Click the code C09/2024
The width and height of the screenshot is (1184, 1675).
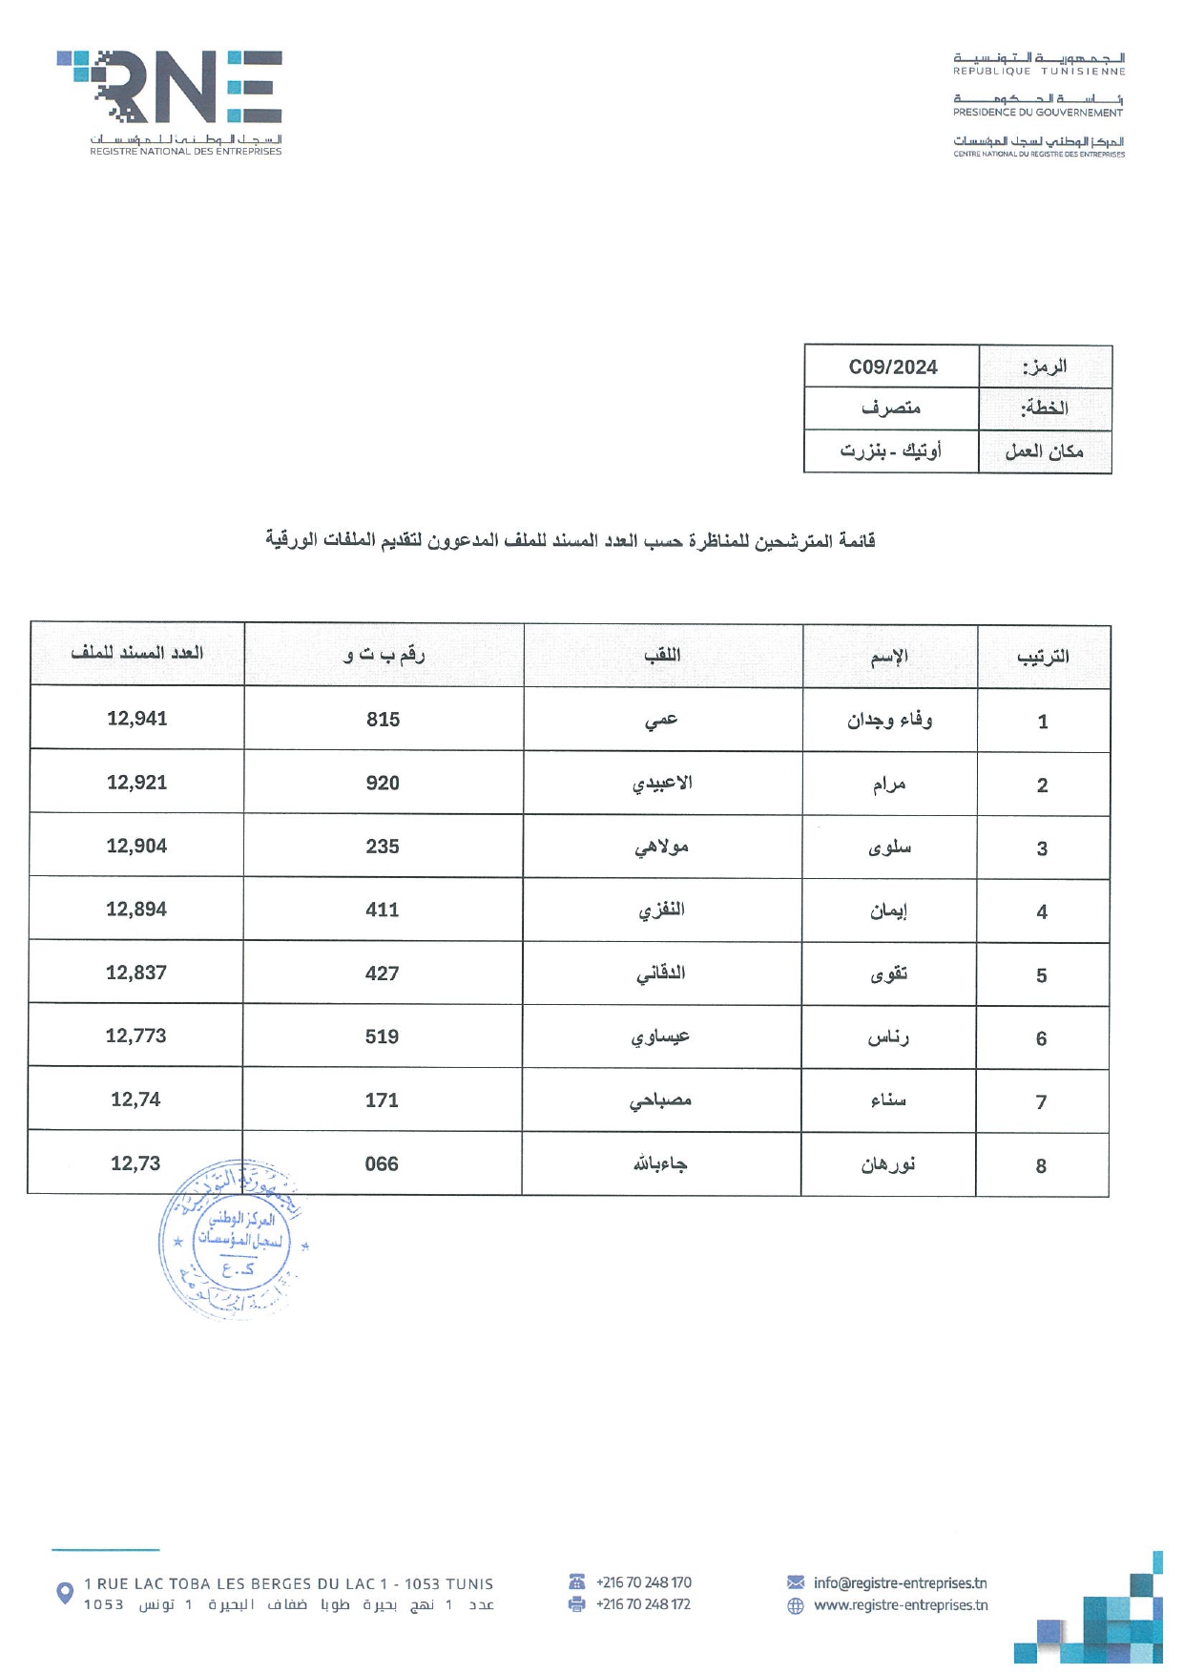pyautogui.click(x=892, y=367)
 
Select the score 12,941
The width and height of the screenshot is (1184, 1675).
pyautogui.click(x=137, y=719)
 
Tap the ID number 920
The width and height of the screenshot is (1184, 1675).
pyautogui.click(x=383, y=783)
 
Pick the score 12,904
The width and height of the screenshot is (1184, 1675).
pyautogui.click(x=137, y=846)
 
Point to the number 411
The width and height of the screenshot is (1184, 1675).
pyautogui.click(x=383, y=910)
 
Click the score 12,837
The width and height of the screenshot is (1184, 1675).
pyautogui.click(x=136, y=973)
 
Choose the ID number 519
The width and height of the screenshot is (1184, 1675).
pyautogui.click(x=382, y=1036)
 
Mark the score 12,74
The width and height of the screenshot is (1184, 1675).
pyautogui.click(x=135, y=1099)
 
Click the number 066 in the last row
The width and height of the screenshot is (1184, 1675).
pyautogui.click(x=382, y=1163)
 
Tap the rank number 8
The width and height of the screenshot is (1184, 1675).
pyautogui.click(x=1041, y=1165)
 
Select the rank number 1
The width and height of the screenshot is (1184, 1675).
pyautogui.click(x=1043, y=722)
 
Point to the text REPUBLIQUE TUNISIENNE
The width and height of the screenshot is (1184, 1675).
pyautogui.click(x=1039, y=71)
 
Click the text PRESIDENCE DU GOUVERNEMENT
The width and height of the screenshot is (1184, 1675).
pyautogui.click(x=1038, y=113)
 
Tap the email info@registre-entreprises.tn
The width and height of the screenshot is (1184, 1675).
pyautogui.click(x=900, y=1582)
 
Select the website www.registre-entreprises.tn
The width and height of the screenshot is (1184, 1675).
pyautogui.click(x=900, y=1605)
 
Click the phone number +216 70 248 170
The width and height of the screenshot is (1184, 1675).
pyautogui.click(x=643, y=1582)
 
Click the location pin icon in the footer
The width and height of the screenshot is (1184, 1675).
pyautogui.click(x=65, y=1593)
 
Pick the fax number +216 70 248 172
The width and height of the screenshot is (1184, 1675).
pyautogui.click(x=643, y=1604)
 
